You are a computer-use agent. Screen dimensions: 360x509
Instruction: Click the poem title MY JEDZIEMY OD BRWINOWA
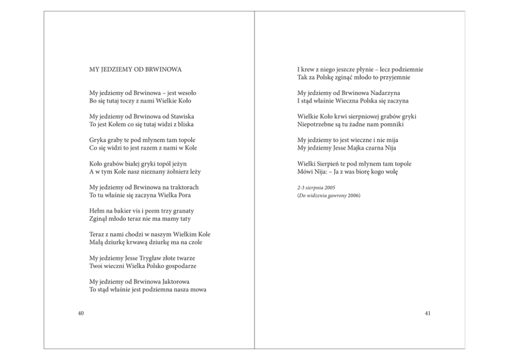[x=135, y=69]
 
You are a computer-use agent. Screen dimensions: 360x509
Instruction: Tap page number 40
[x=81, y=313]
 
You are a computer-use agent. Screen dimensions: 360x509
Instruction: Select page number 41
[x=427, y=313]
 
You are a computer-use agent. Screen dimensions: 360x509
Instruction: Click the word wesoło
[x=185, y=93]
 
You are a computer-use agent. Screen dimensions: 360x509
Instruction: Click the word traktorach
[x=183, y=187]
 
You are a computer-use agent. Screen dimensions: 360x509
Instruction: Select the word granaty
[x=184, y=211]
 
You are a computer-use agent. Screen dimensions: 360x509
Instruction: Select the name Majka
[x=357, y=148]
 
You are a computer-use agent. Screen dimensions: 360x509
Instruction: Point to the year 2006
[x=354, y=196]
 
